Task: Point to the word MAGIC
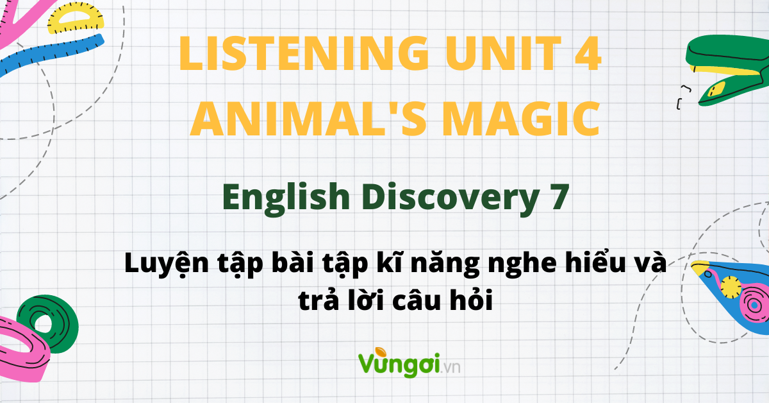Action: click(521, 119)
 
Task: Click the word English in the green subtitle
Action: click(286, 196)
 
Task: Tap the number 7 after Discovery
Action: click(558, 196)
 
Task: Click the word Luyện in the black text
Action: click(167, 264)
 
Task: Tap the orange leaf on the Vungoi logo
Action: click(381, 352)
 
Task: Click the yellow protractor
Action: click(76, 19)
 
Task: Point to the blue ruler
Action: click(51, 55)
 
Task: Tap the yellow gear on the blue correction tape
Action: click(731, 287)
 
